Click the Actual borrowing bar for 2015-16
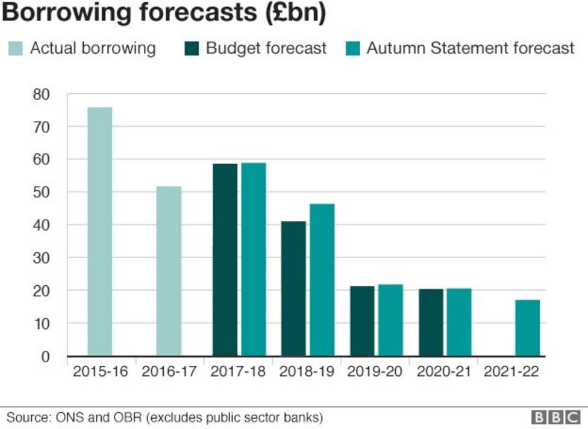pos(99,232)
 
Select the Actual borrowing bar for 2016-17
pos(168,271)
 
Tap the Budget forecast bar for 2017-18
pos(225,259)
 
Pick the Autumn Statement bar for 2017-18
pos(254,259)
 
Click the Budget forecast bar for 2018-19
pos(293,289)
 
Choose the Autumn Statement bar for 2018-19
pos(322,280)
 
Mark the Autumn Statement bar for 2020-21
pos(459,322)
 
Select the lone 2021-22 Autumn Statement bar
pos(528,328)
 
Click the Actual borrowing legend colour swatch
pos(16,48)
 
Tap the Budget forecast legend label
pos(266,48)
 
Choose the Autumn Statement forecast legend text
pos(470,48)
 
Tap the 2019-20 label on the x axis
pos(374,372)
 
